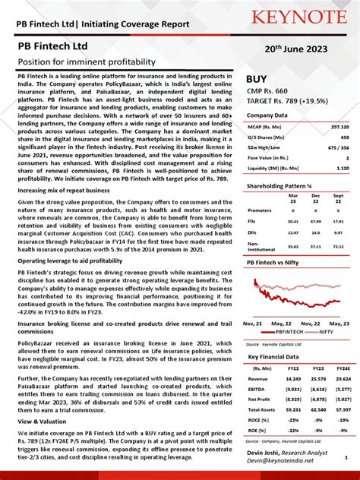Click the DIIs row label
point(253,233)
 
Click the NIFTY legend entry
point(325,332)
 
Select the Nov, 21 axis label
point(253,323)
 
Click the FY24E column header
point(342,368)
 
